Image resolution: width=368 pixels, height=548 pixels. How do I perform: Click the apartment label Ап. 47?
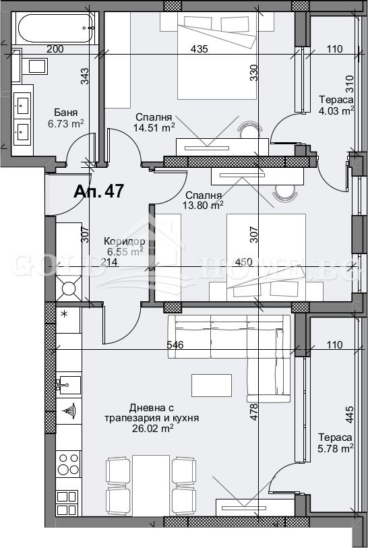(x=98, y=191)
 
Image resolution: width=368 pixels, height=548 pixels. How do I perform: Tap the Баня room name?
(x=66, y=113)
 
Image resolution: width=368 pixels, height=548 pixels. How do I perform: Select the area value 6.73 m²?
(x=65, y=123)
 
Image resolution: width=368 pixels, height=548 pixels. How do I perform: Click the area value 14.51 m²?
(x=154, y=126)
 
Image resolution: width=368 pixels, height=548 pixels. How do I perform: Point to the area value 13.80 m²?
(x=203, y=205)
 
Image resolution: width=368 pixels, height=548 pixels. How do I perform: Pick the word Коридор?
(x=125, y=241)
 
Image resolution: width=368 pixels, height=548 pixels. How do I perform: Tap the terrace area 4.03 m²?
(x=336, y=111)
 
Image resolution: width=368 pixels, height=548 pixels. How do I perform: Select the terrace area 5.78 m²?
(x=336, y=448)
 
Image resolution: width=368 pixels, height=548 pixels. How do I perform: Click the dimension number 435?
(x=199, y=49)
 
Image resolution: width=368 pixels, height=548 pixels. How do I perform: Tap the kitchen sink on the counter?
(x=67, y=386)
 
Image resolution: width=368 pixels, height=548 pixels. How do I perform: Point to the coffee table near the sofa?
(x=212, y=386)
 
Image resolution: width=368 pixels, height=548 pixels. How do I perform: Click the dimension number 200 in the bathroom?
(x=55, y=49)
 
